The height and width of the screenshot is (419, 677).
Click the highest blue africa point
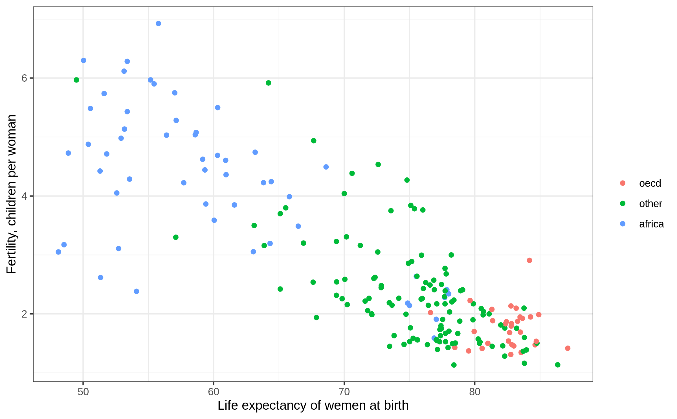tap(159, 23)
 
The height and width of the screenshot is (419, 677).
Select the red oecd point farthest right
tap(568, 348)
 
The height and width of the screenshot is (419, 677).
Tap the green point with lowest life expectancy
tap(76, 80)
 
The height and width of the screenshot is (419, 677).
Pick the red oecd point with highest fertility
tap(529, 260)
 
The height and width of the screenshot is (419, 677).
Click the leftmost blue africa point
tap(58, 252)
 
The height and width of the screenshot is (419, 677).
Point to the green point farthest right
tap(558, 365)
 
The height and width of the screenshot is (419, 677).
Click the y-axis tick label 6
tap(25, 78)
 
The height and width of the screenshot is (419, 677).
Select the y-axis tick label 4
tap(25, 196)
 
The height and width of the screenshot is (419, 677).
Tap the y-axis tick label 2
tap(25, 314)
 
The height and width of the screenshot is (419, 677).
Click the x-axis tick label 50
tap(83, 392)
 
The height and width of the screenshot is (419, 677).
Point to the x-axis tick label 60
tap(214, 392)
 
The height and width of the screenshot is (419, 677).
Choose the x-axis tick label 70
tap(344, 392)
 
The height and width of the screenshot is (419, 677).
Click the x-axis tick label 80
tap(475, 392)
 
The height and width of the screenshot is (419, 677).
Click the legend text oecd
tap(650, 183)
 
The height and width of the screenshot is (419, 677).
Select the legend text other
tap(650, 204)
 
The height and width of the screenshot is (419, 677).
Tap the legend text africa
tap(651, 224)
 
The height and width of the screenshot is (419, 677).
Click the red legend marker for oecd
tap(623, 183)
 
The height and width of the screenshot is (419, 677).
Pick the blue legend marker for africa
tap(623, 224)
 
